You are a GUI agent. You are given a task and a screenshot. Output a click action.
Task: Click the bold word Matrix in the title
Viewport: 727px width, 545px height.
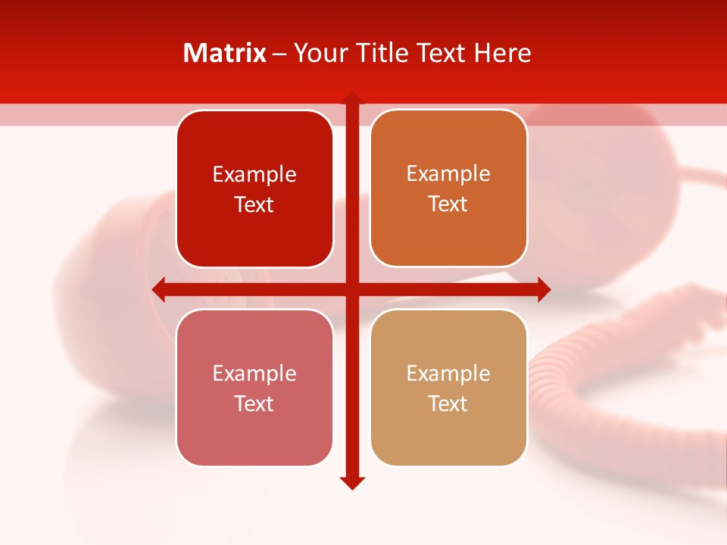(225, 53)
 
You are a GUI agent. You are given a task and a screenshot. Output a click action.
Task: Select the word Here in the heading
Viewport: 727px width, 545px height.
(503, 53)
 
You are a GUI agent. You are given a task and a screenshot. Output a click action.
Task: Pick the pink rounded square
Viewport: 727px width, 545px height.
(254, 439)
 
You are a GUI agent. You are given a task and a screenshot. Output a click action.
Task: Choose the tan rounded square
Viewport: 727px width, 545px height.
(448, 439)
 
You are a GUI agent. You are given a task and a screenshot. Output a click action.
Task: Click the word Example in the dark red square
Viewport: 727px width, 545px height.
(254, 175)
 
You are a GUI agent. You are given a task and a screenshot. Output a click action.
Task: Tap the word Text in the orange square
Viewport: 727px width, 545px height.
(448, 204)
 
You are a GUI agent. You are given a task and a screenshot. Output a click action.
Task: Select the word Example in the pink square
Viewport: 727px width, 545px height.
(254, 373)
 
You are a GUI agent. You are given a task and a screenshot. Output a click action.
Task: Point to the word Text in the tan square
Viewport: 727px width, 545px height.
(448, 403)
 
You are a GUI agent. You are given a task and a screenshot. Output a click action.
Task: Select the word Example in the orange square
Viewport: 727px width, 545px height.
(448, 174)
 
